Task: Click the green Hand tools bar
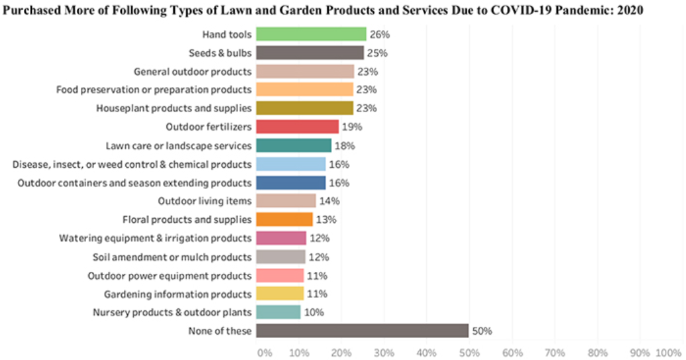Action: coord(311,34)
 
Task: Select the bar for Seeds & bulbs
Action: coord(310,53)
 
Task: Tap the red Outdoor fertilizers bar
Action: coord(297,127)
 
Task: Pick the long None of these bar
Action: coord(362,331)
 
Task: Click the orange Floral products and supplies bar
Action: coord(284,219)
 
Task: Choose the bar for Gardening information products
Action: coord(280,294)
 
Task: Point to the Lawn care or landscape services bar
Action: coord(294,145)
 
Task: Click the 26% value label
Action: coord(378,34)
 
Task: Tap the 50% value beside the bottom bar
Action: coord(482,331)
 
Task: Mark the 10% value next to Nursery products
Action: coord(314,312)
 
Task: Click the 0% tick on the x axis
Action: coord(264,351)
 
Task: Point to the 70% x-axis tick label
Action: coord(555,351)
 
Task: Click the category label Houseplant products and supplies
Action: coord(174,108)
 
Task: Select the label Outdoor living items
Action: coord(205,201)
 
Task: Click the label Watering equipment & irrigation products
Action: coord(155,238)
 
